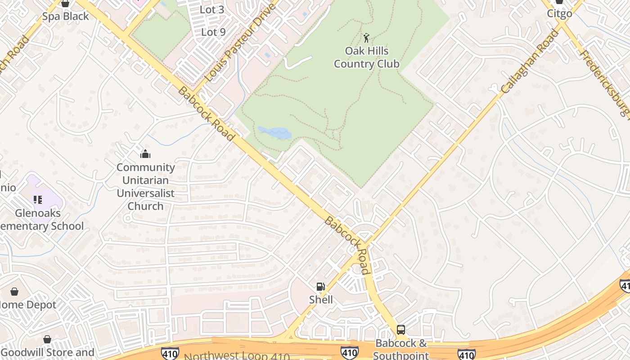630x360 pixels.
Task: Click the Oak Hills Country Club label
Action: (366, 58)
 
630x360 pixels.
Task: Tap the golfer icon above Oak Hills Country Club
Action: (366, 38)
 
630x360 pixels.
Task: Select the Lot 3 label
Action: (212, 9)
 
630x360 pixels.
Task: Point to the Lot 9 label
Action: (213, 32)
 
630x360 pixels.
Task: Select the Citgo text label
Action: (559, 13)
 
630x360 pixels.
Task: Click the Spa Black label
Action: (66, 16)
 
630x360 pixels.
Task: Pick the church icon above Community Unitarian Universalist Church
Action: (145, 154)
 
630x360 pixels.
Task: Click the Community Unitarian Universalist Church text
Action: (145, 186)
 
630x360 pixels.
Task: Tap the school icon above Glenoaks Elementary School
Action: (38, 199)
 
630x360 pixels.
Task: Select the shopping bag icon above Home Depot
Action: (14, 292)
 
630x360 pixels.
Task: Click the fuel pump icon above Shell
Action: (320, 287)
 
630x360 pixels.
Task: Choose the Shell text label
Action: (321, 300)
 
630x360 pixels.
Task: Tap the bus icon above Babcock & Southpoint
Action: (400, 330)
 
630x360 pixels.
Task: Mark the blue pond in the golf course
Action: (275, 133)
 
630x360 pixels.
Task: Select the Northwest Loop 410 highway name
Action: (237, 356)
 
